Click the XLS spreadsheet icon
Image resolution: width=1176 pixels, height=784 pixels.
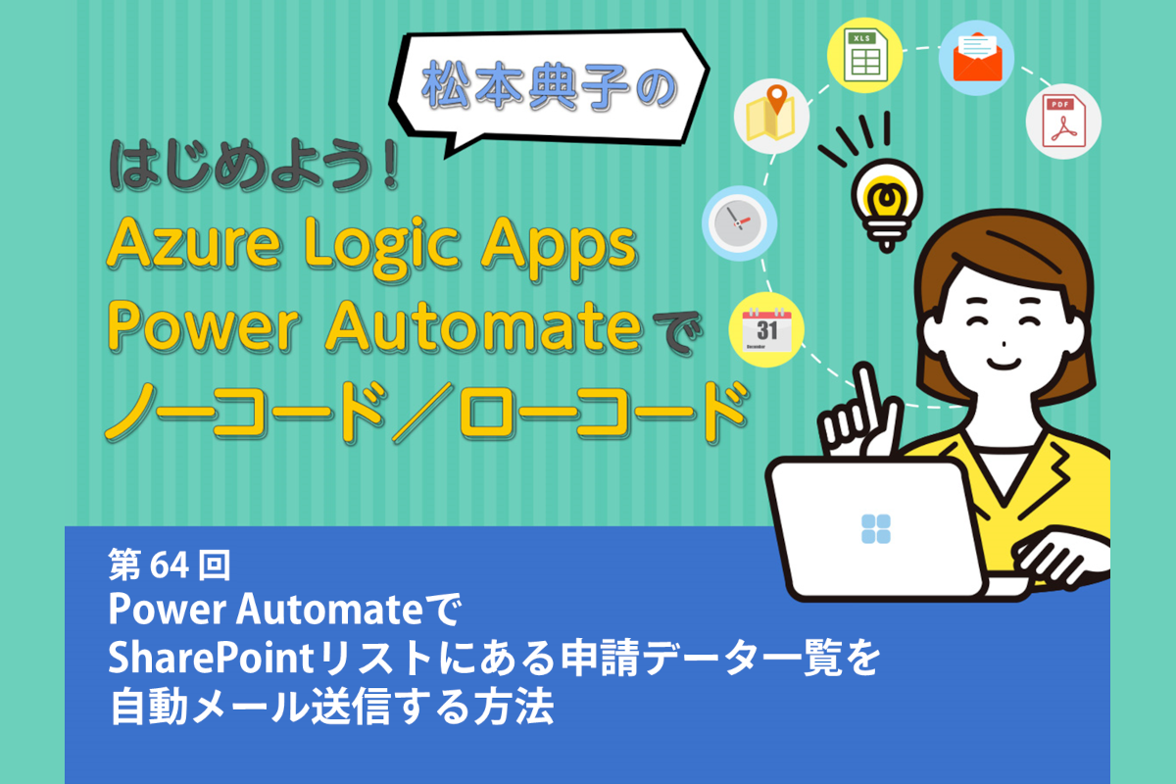pyautogui.click(x=864, y=55)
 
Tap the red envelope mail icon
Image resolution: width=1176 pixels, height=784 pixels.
pyautogui.click(x=977, y=57)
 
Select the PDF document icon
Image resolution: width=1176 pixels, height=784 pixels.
pyautogui.click(x=1063, y=122)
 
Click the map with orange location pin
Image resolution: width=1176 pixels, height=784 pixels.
pyautogui.click(x=771, y=114)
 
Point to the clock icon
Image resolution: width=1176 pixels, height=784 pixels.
pyautogui.click(x=739, y=222)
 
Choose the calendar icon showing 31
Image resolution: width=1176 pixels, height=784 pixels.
pyautogui.click(x=766, y=330)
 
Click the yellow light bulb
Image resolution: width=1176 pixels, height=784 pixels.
pyautogui.click(x=887, y=205)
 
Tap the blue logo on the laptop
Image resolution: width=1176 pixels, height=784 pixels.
pyautogui.click(x=876, y=528)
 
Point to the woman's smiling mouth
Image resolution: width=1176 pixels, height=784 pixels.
pyautogui.click(x=1004, y=364)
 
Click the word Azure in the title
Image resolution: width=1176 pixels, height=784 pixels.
pyautogui.click(x=194, y=244)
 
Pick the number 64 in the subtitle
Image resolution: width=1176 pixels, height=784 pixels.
pyautogui.click(x=170, y=565)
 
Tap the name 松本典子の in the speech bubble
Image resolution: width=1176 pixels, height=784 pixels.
pyautogui.click(x=549, y=86)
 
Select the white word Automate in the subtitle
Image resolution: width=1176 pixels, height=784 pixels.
pyautogui.click(x=329, y=610)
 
